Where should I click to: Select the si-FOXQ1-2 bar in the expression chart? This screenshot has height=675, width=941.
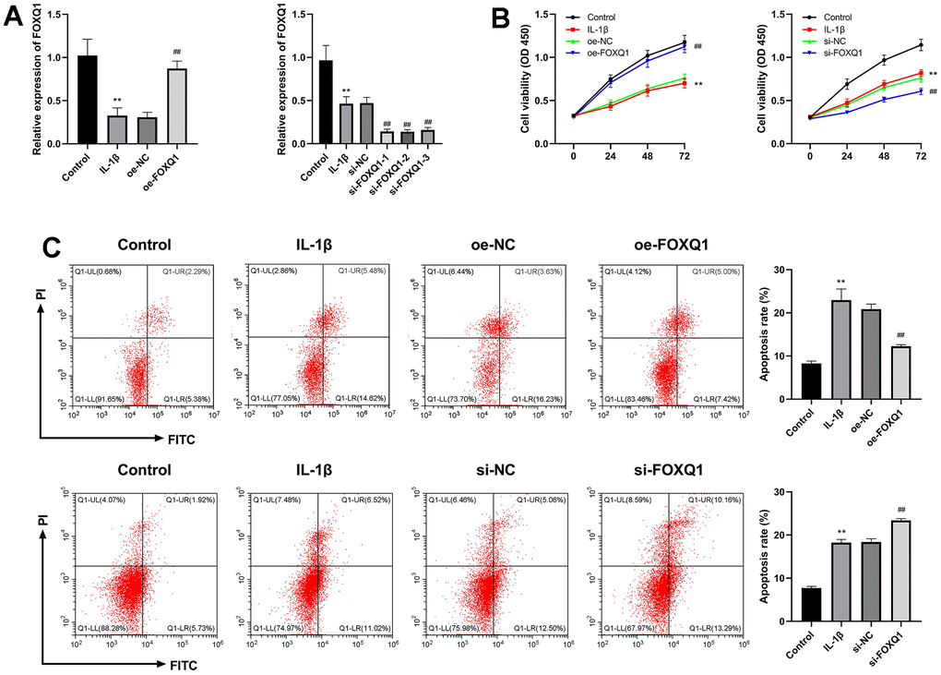[x=381, y=138]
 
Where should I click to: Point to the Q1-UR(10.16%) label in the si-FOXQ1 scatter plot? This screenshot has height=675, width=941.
[x=679, y=500]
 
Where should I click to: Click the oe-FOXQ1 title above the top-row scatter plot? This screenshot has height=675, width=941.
[x=656, y=246]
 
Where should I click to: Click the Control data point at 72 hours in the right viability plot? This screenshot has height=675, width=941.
[x=920, y=44]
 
